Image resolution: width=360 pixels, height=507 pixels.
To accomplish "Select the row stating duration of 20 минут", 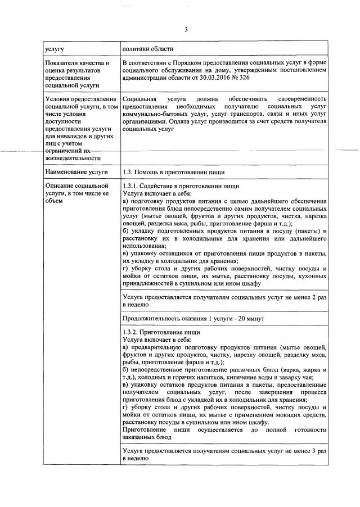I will pyautogui.click(x=193, y=319).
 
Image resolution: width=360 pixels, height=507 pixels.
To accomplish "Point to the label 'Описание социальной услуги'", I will pyautogui.click(x=75, y=190).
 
